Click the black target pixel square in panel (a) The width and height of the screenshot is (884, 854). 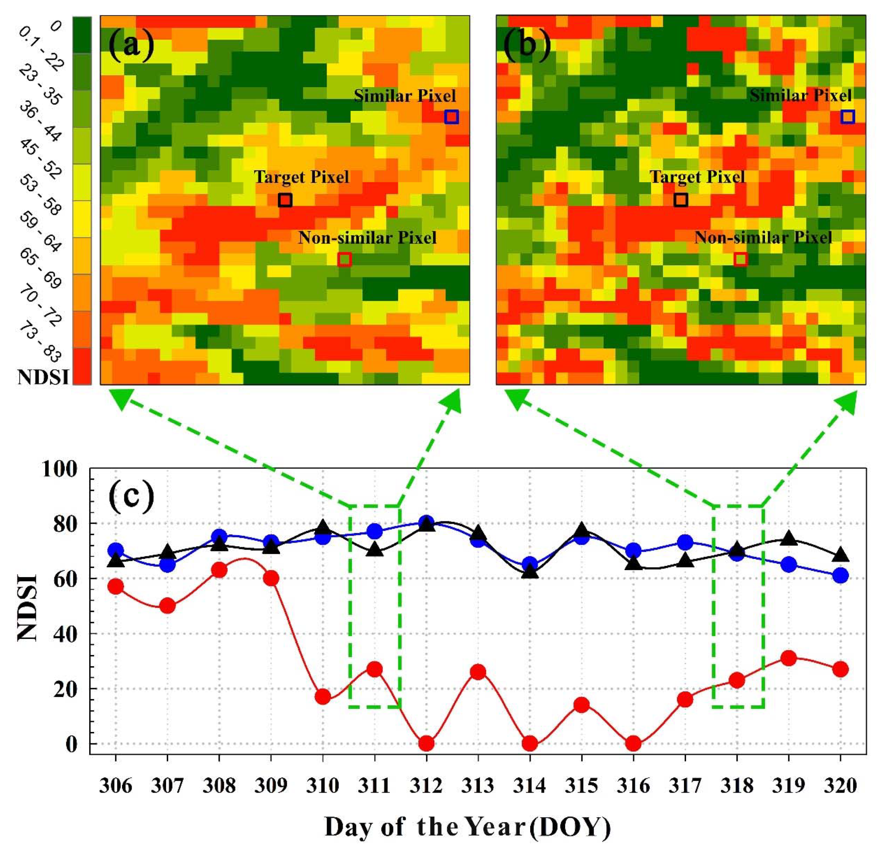pyautogui.click(x=285, y=200)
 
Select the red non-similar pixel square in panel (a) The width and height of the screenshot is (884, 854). pyautogui.click(x=345, y=259)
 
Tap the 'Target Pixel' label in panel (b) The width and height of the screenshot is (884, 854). pyautogui.click(x=697, y=177)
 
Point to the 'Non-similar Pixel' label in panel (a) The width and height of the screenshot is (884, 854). pyautogui.click(x=367, y=238)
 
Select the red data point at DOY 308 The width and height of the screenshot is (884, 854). pyautogui.click(x=219, y=570)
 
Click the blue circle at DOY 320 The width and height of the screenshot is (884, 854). pyautogui.click(x=840, y=576)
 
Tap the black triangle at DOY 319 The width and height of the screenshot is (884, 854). pyautogui.click(x=788, y=538)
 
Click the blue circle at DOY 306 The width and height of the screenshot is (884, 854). pyautogui.click(x=116, y=550)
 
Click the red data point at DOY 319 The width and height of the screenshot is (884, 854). pyautogui.click(x=788, y=658)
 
